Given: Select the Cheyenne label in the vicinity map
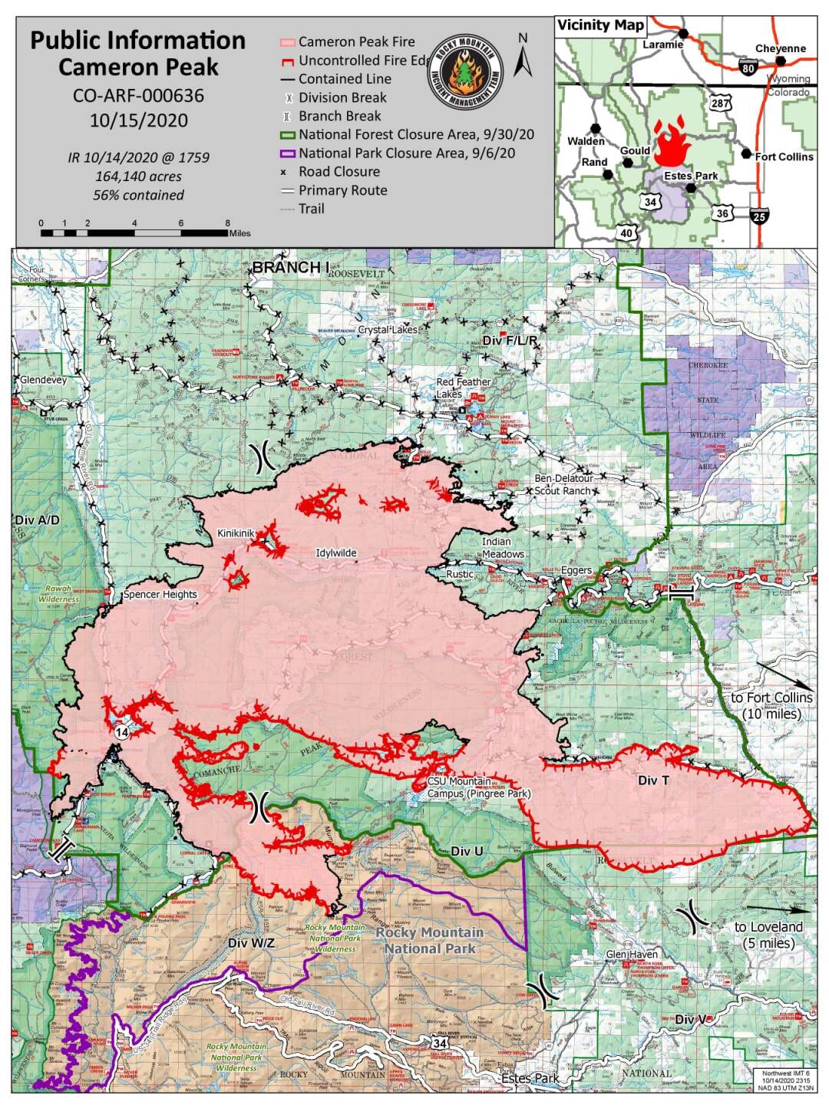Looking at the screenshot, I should (x=780, y=48).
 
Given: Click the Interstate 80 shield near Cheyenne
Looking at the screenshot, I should (x=749, y=68).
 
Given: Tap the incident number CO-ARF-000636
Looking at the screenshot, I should (x=138, y=95).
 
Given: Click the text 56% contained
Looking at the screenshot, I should (x=138, y=195).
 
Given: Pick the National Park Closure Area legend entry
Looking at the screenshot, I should (x=406, y=153).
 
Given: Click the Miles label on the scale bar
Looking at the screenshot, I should (x=239, y=233).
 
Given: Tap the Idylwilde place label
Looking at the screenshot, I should (x=336, y=552).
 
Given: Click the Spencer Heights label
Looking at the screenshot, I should (x=160, y=594).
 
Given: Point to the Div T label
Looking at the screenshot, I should (x=653, y=780).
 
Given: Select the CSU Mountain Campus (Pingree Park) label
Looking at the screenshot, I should (x=478, y=787).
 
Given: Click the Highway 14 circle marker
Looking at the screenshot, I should (x=121, y=733).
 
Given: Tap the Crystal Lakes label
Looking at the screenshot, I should (x=388, y=329).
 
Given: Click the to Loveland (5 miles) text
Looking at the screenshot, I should (x=768, y=935).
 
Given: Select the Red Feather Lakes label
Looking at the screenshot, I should (x=464, y=388).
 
